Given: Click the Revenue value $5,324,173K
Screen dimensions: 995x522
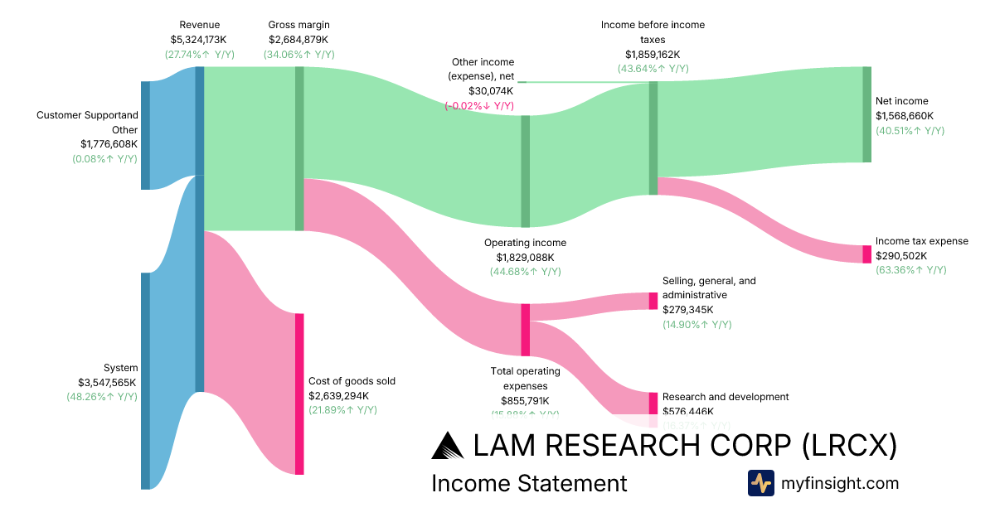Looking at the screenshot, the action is click(x=199, y=40).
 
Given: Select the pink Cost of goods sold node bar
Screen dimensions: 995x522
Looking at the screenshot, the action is click(x=299, y=394).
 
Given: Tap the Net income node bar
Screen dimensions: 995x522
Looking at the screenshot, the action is click(x=867, y=114).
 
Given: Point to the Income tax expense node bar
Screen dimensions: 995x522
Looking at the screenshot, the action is click(x=867, y=254).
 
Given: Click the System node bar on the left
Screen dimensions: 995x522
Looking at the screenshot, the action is click(x=145, y=380).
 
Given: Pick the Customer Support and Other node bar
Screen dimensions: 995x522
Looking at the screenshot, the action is click(x=145, y=135).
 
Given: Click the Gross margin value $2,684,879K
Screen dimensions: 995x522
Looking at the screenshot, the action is click(x=298, y=40).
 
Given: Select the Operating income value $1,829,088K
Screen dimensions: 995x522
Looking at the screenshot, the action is click(x=525, y=258).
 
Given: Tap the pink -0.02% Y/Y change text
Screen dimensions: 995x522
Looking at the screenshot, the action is click(x=479, y=106).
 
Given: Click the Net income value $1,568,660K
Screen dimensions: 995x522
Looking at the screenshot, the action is click(x=905, y=116).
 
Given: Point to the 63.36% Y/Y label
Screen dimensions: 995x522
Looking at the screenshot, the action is click(x=910, y=270).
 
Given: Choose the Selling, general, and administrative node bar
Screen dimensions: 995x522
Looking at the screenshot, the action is click(x=653, y=301).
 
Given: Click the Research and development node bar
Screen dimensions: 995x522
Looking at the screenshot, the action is click(x=653, y=403).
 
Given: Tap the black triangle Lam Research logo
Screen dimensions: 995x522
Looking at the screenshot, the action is click(x=449, y=446).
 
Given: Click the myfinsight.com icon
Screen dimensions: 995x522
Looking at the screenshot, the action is click(x=761, y=483).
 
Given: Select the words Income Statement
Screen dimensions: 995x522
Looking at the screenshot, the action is click(x=529, y=483).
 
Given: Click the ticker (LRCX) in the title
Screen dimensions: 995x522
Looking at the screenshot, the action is click(x=850, y=446).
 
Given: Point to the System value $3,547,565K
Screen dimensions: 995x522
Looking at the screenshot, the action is click(x=107, y=383).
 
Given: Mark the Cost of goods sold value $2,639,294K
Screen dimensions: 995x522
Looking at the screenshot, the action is click(x=338, y=396).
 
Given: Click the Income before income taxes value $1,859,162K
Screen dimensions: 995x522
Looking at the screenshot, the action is click(x=653, y=55).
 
